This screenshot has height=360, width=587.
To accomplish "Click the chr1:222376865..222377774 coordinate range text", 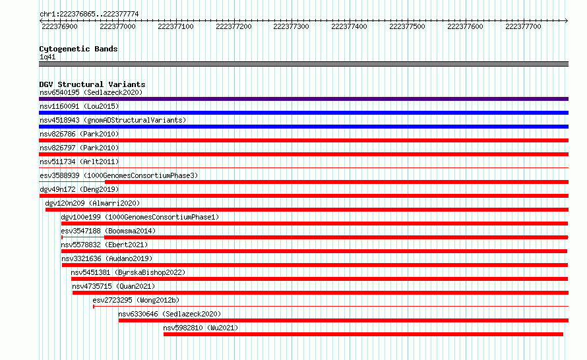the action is [x=89, y=15].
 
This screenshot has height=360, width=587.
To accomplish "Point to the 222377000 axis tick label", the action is [x=117, y=26].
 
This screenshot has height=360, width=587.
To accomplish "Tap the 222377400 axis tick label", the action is [x=349, y=26].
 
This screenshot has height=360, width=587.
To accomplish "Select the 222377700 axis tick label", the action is [x=523, y=26].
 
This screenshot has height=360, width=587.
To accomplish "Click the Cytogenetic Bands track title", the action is [x=78, y=49].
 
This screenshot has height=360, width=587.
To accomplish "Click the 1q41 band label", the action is [x=47, y=57].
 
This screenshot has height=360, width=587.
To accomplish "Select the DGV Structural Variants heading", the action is [x=92, y=84].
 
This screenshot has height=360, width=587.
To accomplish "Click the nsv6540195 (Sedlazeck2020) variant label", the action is [x=91, y=92].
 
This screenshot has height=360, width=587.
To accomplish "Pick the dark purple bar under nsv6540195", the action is [x=303, y=99].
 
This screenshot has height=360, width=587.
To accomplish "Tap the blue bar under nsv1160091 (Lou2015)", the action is [x=303, y=113].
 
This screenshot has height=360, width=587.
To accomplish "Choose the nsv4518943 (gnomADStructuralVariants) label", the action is [x=113, y=120].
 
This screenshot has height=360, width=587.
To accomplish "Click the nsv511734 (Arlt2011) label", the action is [x=79, y=162].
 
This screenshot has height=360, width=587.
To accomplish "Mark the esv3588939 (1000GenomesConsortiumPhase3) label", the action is [x=119, y=175].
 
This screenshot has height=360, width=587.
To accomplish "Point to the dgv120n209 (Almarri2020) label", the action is [x=92, y=203].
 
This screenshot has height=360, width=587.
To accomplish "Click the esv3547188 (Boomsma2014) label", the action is [x=108, y=231].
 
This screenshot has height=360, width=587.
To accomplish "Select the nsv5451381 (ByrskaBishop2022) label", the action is [x=128, y=272].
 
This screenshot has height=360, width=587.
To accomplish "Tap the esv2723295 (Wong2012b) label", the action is [x=136, y=300].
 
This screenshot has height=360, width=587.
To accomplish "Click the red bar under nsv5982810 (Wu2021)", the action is [x=363, y=334].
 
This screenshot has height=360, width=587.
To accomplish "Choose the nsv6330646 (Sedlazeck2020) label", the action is [x=170, y=314].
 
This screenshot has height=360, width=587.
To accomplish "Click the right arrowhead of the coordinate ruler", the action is [x=567, y=21].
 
